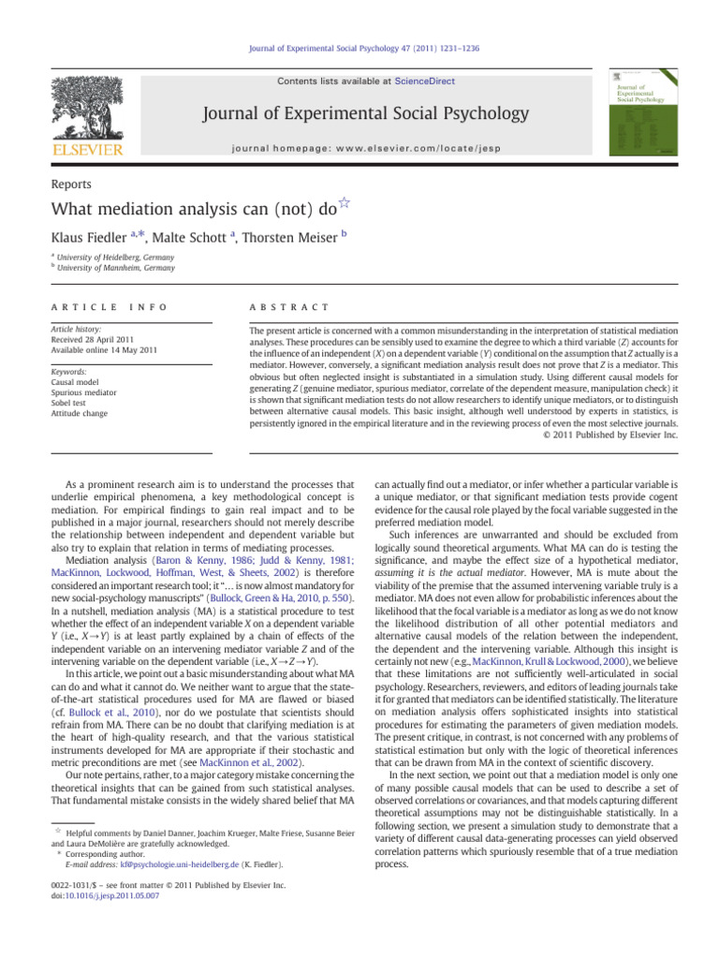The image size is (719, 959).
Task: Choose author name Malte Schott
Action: (x=200, y=241)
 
